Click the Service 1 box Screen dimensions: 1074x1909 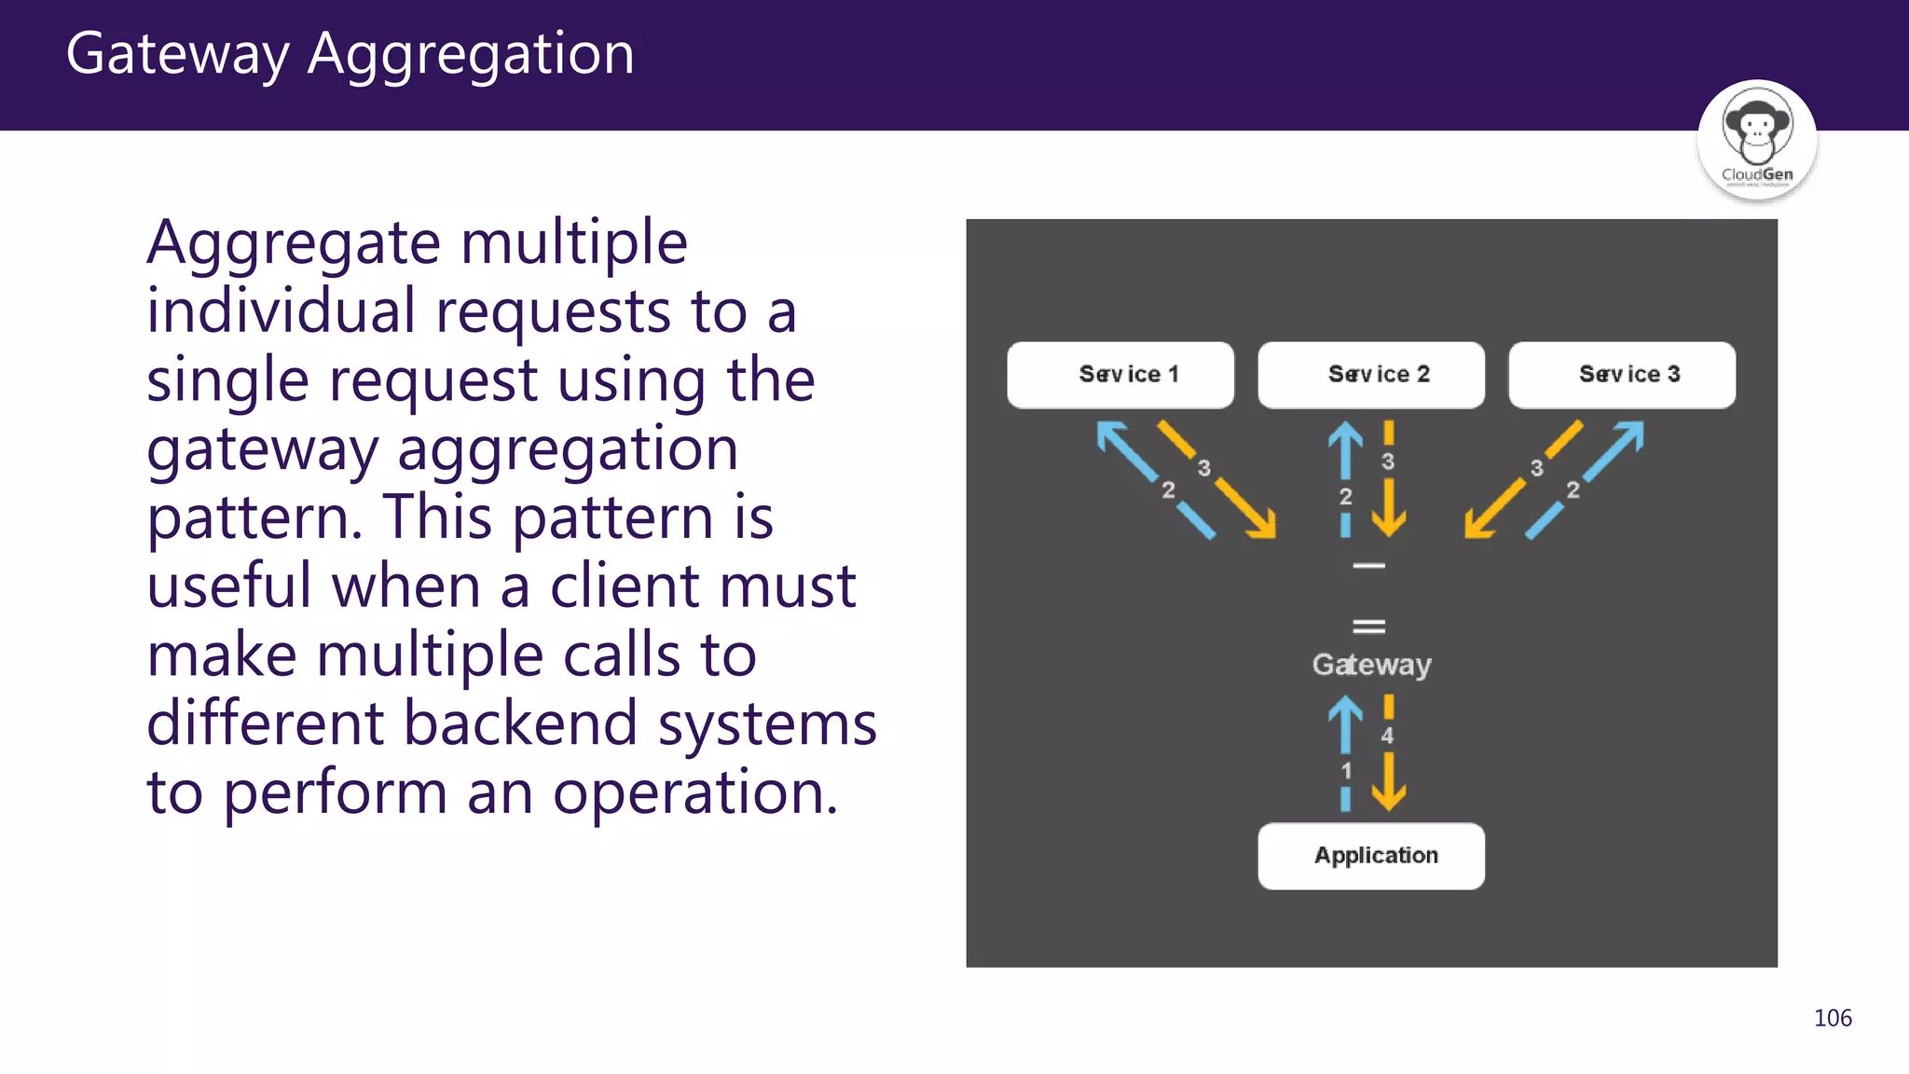1120,375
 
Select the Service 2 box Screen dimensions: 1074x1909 1371,375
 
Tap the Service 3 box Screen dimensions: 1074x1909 1622,375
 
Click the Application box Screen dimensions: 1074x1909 1371,856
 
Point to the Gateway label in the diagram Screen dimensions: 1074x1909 1371,665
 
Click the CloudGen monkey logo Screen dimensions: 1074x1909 1757,138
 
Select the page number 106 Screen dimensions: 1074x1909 1833,1018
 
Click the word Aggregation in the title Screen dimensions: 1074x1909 471,54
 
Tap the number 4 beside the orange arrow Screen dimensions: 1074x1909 1387,736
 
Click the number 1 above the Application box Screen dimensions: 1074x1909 1346,771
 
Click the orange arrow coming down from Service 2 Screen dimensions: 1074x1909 1389,508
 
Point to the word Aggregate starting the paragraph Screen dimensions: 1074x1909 294,244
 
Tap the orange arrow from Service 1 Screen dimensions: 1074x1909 1244,508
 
